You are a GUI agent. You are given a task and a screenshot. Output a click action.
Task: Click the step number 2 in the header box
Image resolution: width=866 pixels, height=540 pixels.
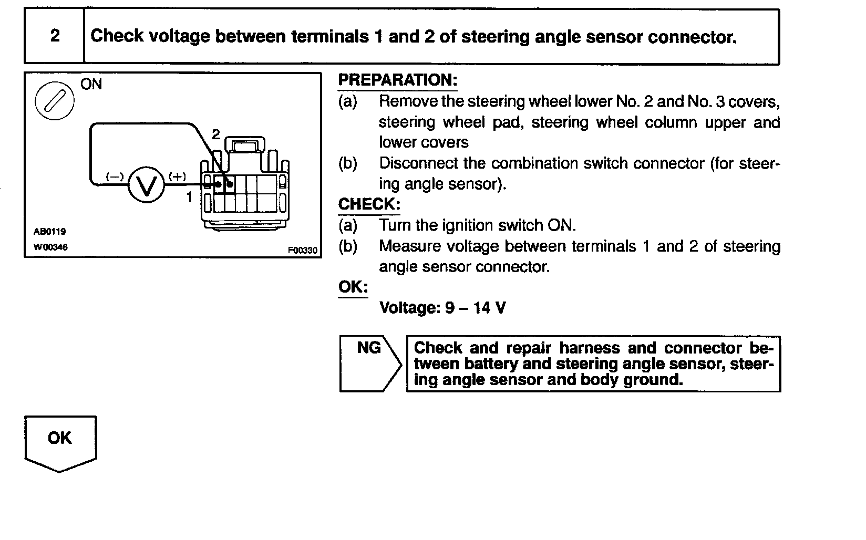pos(55,36)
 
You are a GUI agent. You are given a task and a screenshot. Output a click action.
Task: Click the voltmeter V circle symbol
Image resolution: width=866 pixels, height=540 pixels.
pos(147,185)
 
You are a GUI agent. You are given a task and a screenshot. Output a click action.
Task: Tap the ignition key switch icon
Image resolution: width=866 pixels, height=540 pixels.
pos(54,100)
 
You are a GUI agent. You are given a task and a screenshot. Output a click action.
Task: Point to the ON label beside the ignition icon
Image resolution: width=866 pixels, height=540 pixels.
pos(91,85)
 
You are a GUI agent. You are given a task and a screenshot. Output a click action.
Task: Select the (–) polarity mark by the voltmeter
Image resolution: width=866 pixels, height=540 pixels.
pos(115,176)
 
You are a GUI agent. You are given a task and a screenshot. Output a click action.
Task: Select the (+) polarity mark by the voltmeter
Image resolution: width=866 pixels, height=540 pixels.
pos(177,176)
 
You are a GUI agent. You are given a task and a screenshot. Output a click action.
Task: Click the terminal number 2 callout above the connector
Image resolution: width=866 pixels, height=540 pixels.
pos(215,134)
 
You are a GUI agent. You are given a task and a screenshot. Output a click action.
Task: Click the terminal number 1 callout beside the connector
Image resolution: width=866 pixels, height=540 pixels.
pos(189,198)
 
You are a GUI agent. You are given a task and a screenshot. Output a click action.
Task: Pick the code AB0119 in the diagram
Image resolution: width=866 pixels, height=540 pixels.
pos(49,232)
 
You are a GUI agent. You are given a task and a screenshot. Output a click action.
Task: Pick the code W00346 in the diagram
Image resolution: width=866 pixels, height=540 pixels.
pos(50,247)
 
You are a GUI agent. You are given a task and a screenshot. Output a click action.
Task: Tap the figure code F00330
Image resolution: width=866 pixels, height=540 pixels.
pos(302,251)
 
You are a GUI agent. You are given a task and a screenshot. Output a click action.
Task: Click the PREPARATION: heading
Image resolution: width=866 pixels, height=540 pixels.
pos(397,80)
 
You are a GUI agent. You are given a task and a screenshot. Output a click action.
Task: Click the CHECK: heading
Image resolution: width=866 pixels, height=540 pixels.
pos(369,204)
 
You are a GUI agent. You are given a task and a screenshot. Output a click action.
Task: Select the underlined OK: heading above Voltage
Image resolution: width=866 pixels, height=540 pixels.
pos(353,287)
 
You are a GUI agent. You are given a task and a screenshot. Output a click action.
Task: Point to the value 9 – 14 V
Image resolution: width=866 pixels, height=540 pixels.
pos(475,308)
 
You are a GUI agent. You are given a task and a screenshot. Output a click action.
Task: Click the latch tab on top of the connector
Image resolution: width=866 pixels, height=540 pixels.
pos(245,144)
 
